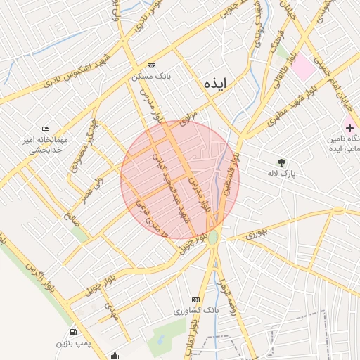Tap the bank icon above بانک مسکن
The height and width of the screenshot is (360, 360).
[152, 65]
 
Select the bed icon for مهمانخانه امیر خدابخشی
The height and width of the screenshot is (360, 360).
[46, 129]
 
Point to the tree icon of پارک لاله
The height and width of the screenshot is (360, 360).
[282, 162]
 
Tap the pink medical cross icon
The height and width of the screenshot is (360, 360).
[349, 127]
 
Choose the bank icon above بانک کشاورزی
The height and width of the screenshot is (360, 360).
[195, 300]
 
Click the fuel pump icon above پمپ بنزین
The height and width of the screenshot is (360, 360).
[73, 332]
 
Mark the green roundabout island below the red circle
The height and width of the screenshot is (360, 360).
[213, 238]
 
